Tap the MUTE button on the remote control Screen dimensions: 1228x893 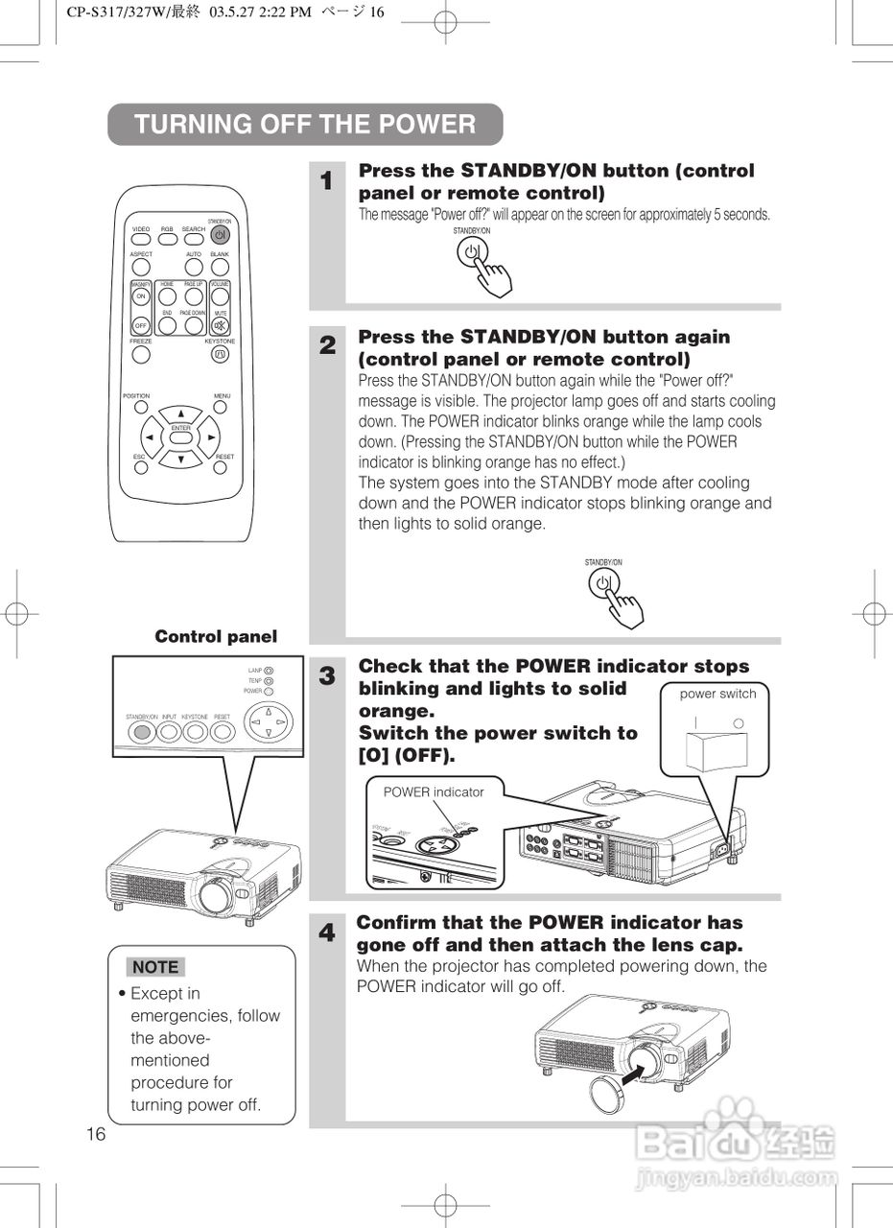(221, 324)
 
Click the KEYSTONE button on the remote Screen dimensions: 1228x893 (220, 354)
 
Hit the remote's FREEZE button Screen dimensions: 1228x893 (141, 354)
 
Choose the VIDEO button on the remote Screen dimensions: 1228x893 (141, 239)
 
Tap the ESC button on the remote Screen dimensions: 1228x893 (141, 467)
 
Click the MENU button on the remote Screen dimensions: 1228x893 (221, 406)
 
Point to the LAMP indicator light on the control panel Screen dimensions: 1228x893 (269, 671)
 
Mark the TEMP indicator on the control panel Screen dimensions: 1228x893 (269, 681)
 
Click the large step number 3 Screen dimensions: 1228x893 (327, 675)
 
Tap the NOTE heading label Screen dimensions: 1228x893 (155, 967)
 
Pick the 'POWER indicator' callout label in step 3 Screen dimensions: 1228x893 (434, 791)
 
